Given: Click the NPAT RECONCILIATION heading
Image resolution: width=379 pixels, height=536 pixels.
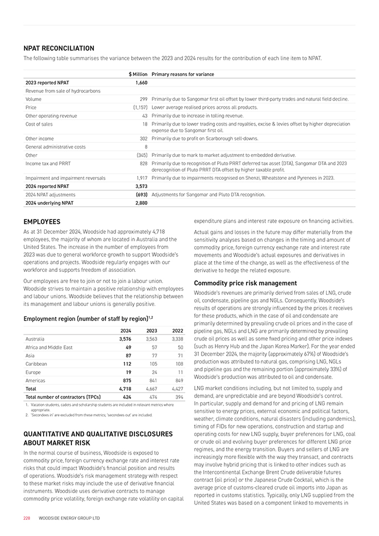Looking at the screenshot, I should point(59,49).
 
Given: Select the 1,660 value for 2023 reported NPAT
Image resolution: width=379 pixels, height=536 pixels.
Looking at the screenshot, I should point(141,82).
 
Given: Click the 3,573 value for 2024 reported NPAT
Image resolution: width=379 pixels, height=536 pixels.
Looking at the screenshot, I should point(141,186).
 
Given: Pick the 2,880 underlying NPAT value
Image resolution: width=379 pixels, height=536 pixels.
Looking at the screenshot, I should point(141,203).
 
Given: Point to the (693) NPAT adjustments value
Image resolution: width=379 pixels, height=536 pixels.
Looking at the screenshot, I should point(141,194).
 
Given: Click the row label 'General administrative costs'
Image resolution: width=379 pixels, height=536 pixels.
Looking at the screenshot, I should point(56,147).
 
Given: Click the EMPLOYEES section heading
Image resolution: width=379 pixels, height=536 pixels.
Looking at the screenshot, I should point(42,222).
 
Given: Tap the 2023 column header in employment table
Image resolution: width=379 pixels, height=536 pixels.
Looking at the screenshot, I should point(151,329).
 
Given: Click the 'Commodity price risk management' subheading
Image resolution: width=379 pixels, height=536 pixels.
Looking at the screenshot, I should point(245,283).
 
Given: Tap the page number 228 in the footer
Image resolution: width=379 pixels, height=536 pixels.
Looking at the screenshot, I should point(26,518).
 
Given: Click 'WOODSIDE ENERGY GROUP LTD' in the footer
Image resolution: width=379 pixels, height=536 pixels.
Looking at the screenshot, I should point(69,518).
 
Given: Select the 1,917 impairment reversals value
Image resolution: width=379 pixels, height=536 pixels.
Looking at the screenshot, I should point(141,178).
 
